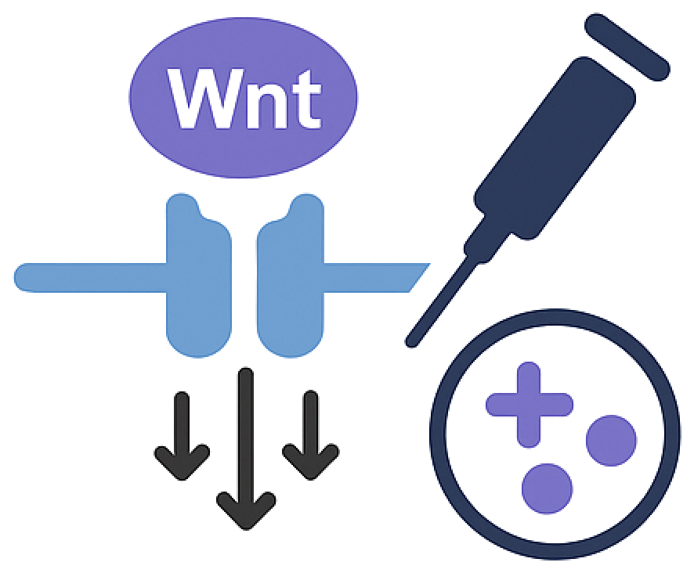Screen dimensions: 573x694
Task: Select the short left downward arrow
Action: tap(182, 438)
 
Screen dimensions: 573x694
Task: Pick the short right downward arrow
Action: tap(311, 434)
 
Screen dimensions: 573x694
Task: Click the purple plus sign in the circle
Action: tap(529, 405)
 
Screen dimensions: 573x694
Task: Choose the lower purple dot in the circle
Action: tap(547, 488)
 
